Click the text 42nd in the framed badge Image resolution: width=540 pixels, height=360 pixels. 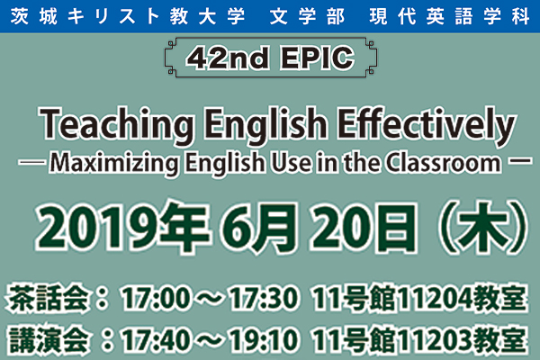point(228,58)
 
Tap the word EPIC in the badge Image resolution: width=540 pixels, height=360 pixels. point(318,58)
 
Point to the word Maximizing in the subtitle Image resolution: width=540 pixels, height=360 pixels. point(114,163)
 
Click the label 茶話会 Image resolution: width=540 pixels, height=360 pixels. point(49,298)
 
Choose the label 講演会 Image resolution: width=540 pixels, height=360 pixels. point(49,340)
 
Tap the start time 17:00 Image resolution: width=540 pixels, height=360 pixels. point(156,298)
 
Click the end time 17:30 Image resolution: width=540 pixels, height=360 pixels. point(263,298)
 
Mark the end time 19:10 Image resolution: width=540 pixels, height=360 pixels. point(263,340)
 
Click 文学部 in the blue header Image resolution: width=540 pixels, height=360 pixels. point(307,17)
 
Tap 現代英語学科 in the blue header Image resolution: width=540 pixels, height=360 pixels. point(449,17)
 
